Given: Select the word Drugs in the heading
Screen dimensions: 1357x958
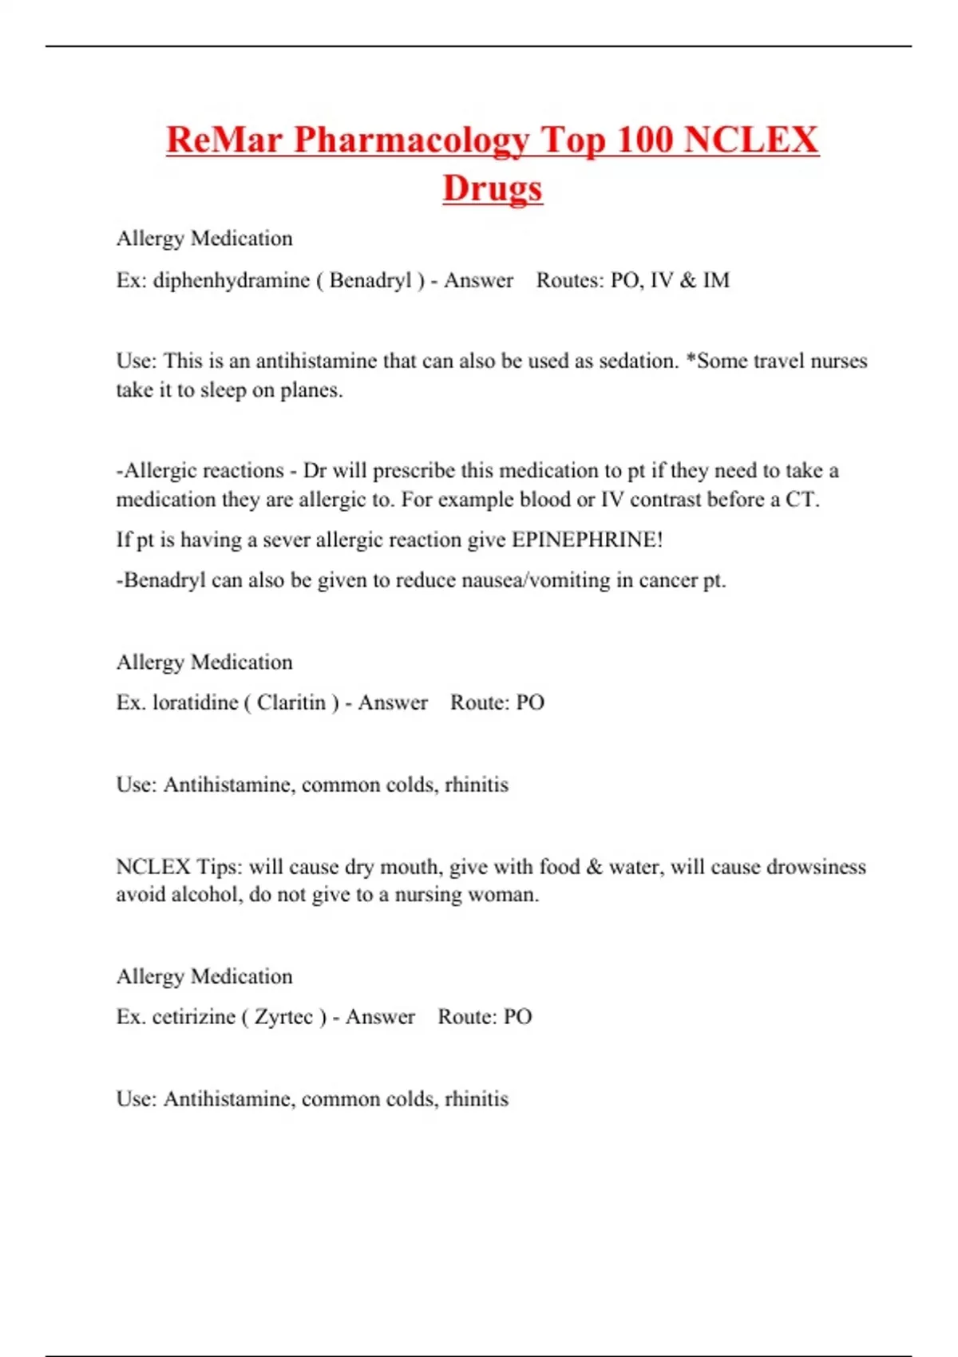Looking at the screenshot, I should point(493,188).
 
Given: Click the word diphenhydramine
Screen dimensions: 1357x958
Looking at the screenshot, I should point(232,280).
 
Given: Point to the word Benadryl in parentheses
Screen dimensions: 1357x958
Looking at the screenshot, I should point(370,280).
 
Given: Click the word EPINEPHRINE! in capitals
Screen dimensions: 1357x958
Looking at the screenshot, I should point(587,540).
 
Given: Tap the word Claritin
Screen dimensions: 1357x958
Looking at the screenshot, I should point(291,702).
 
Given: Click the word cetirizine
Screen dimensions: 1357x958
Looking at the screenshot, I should point(194,1017).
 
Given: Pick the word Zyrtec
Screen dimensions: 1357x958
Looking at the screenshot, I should point(284,1017).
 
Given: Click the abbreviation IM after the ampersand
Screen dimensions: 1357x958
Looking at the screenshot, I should point(716,280).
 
